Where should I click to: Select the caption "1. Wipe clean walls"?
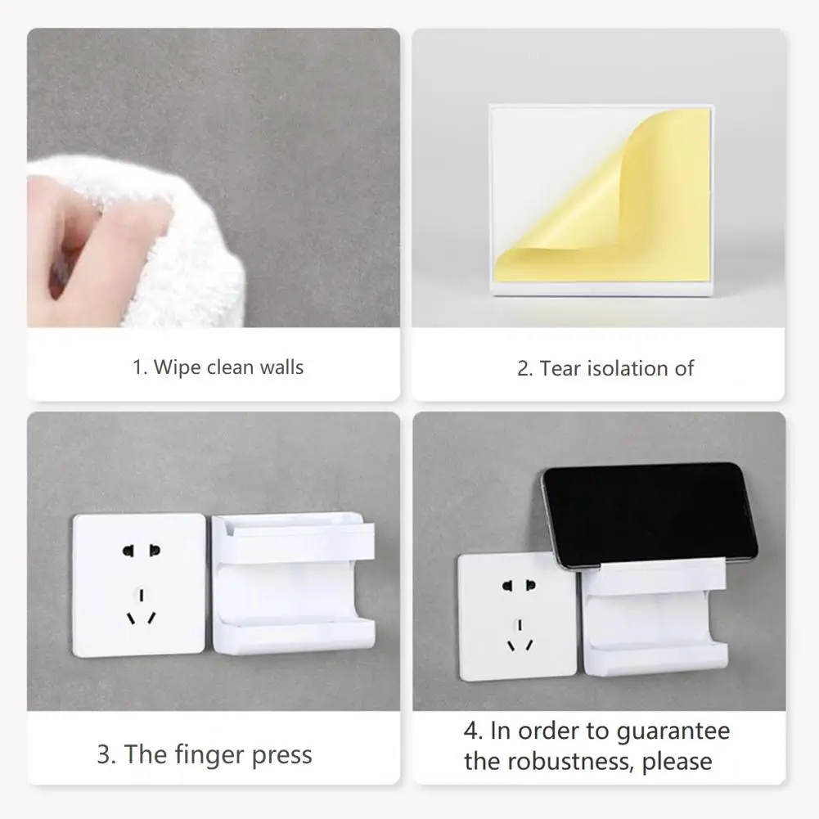pos(218,367)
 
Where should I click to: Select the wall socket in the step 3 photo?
pos(138,584)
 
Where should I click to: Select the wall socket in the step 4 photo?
pos(517,614)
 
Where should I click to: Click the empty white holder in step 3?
pos(293,583)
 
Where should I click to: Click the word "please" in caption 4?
pos(677,762)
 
